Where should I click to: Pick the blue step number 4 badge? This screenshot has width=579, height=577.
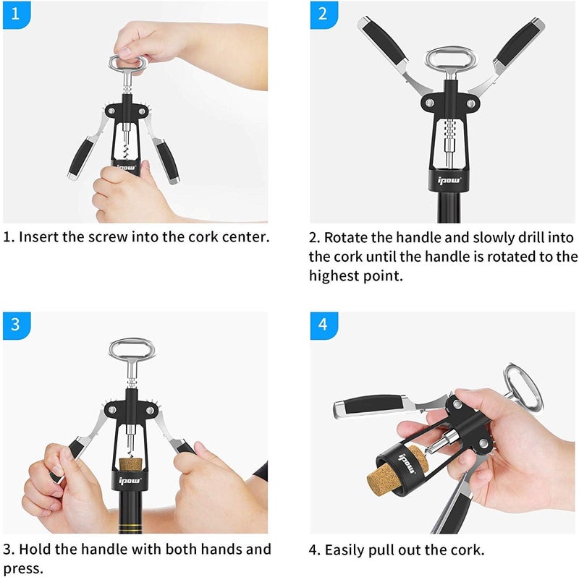[324, 325]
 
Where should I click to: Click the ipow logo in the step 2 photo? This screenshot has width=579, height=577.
[444, 173]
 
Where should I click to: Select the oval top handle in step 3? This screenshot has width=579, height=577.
[132, 351]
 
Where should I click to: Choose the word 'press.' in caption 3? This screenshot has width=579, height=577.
[22, 569]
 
